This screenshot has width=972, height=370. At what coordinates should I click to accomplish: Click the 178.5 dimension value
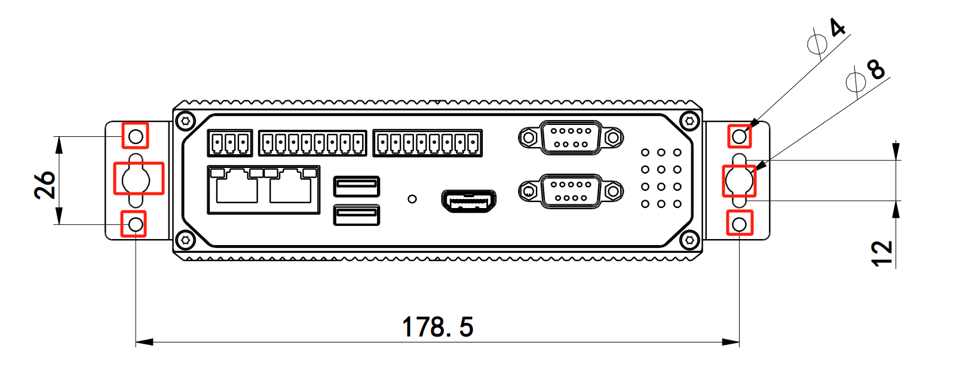[437, 327]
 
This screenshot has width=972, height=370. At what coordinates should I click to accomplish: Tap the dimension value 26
[45, 185]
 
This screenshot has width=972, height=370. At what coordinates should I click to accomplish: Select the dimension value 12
[882, 253]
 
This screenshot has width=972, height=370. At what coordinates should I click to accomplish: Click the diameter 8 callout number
[876, 69]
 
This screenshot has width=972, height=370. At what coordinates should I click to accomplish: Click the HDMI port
[469, 201]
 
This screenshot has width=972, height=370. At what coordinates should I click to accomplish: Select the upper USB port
[357, 186]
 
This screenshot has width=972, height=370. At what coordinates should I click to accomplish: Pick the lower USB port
[357, 215]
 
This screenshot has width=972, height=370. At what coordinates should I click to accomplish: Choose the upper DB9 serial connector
[571, 137]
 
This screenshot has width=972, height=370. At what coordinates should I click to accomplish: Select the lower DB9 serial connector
[571, 191]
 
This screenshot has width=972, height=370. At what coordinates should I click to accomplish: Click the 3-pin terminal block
[230, 143]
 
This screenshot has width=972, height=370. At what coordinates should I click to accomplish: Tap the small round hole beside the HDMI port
[412, 198]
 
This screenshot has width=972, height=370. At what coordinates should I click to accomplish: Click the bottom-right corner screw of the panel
[690, 240]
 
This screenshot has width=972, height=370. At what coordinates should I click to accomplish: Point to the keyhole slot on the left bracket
[137, 178]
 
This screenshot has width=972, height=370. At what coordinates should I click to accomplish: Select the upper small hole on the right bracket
[740, 136]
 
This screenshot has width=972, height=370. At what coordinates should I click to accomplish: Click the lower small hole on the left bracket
[136, 224]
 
